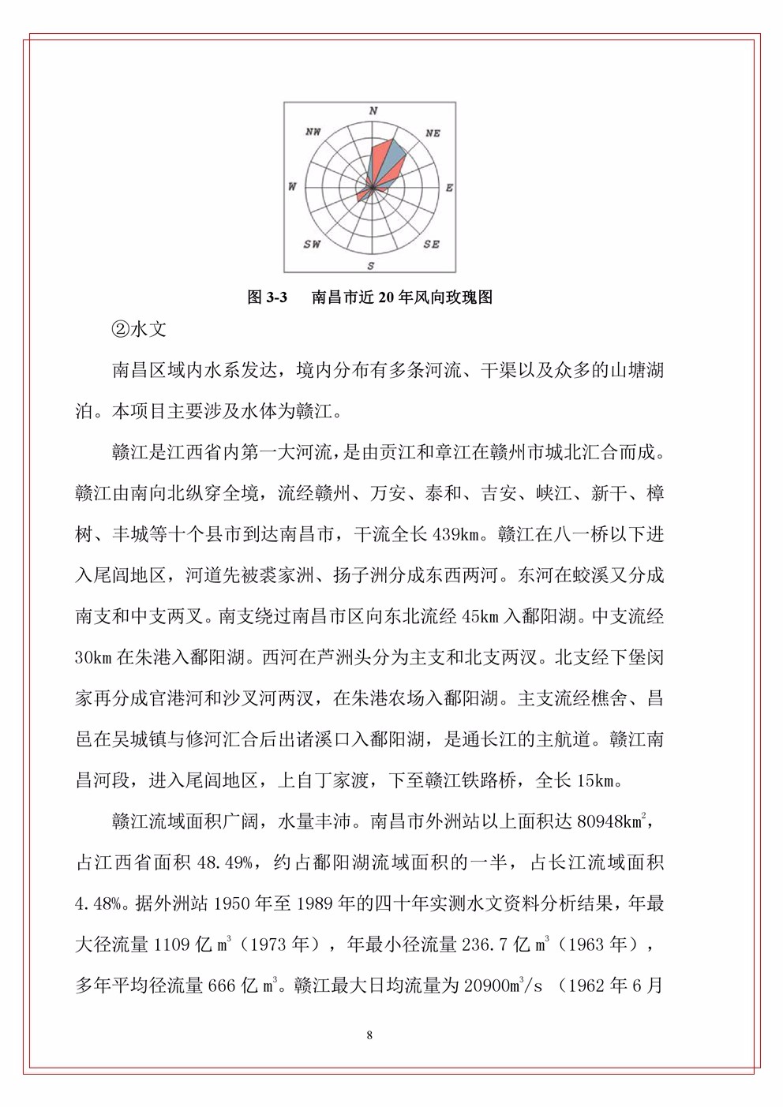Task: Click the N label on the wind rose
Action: point(373,111)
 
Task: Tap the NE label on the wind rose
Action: point(433,133)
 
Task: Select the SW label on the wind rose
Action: point(313,244)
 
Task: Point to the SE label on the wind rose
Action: point(431,244)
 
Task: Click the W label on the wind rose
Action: point(292,187)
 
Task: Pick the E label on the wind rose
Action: point(450,188)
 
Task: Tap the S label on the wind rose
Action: point(372,266)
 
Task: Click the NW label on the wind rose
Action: point(313,132)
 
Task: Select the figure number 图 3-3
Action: point(267,297)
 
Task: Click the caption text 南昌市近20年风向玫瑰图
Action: point(402,297)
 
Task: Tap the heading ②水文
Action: point(139,330)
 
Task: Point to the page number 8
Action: point(369,1035)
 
